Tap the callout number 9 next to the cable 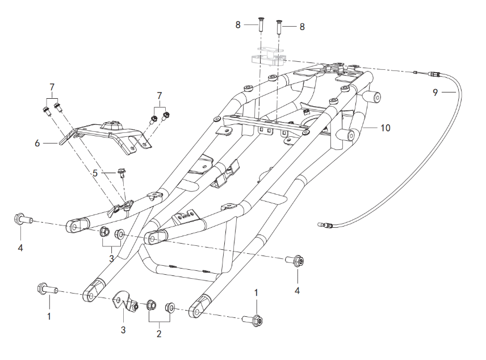(435, 91)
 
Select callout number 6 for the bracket (37, 143)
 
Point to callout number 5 (96, 173)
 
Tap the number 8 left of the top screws (238, 25)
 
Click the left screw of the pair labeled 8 (261, 26)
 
